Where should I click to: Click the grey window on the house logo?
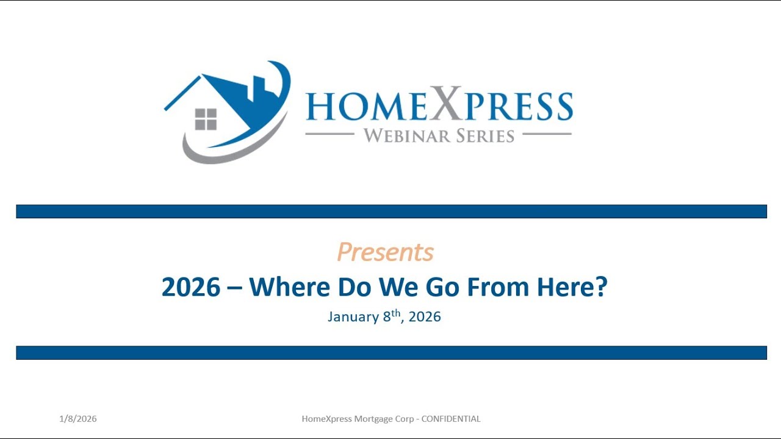coord(206,119)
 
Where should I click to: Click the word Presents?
coord(385,252)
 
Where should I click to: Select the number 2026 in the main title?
coord(190,287)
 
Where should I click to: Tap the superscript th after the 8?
coord(396,313)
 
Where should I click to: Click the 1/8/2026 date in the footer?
coord(78,419)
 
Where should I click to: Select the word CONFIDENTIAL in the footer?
coord(451,419)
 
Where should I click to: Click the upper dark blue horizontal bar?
coord(391,212)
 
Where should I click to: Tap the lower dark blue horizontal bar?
coord(391,352)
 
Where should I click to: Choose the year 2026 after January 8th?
coord(425,317)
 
